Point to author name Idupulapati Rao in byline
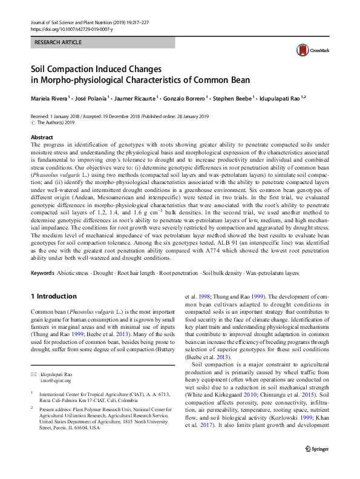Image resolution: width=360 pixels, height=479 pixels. click(282, 98)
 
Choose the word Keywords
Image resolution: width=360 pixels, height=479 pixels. click(44, 273)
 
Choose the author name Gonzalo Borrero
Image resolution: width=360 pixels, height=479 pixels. click(186, 98)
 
